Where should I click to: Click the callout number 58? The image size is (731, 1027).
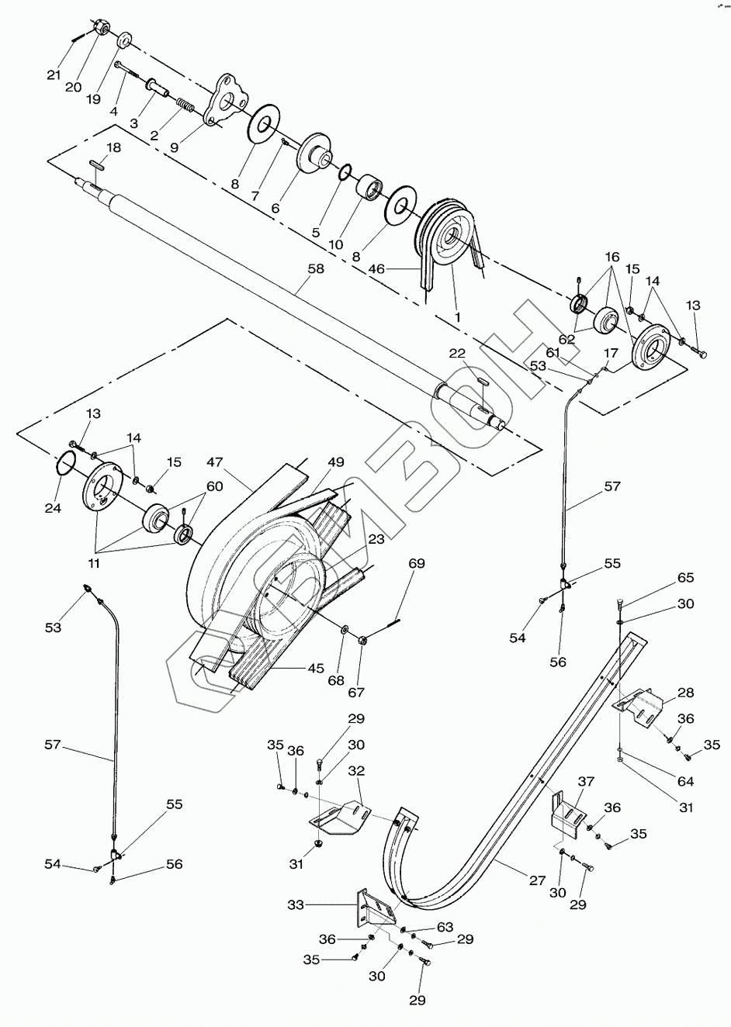[317, 268]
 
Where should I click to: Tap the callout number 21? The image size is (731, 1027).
[54, 74]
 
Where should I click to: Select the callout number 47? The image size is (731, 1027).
[215, 462]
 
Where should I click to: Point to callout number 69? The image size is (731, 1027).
[417, 563]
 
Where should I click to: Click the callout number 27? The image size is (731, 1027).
[538, 880]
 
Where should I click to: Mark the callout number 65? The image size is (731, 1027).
[685, 578]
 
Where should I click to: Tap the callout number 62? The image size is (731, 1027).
[566, 339]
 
